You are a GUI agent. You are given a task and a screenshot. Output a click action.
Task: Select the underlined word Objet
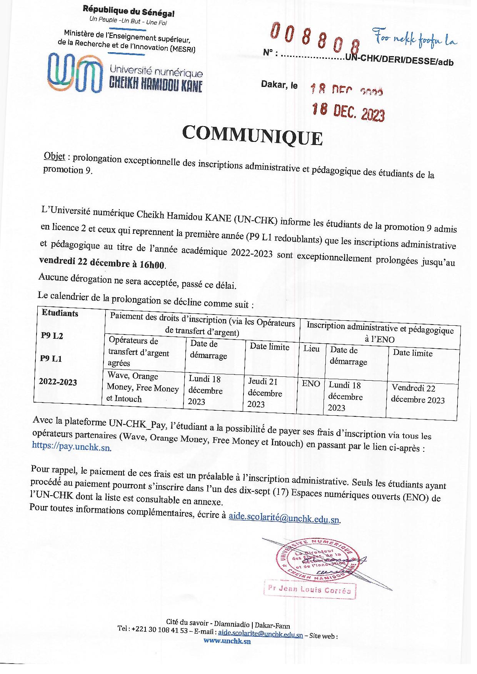[x=54, y=156]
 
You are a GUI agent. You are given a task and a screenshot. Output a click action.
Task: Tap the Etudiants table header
[x=60, y=313]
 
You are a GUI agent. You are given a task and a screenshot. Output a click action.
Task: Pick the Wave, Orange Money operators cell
[x=143, y=388]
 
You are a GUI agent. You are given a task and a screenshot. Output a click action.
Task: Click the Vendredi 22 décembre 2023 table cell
[x=418, y=394]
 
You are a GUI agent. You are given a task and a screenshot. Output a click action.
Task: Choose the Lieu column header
[x=311, y=349]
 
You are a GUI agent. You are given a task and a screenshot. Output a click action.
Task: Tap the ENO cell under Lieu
[x=311, y=383]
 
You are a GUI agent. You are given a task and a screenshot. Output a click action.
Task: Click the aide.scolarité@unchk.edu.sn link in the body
[x=284, y=518]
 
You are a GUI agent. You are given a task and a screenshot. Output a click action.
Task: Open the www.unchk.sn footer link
[x=227, y=641]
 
